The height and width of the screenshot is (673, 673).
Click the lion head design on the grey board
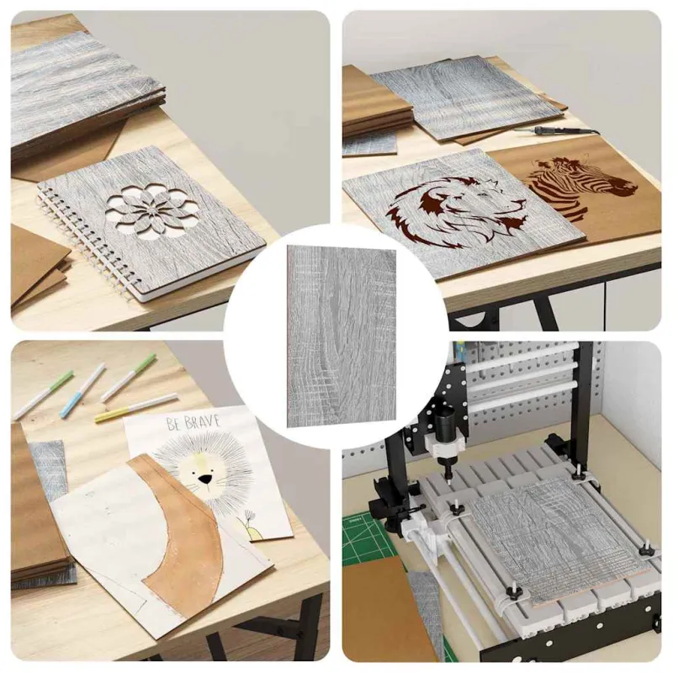coord(456,206)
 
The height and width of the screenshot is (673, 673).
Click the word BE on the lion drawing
coord(173,424)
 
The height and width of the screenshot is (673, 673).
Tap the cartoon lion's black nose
coord(206,479)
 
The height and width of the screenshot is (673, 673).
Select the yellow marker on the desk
coord(135,407)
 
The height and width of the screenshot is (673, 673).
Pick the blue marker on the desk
coord(82,390)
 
